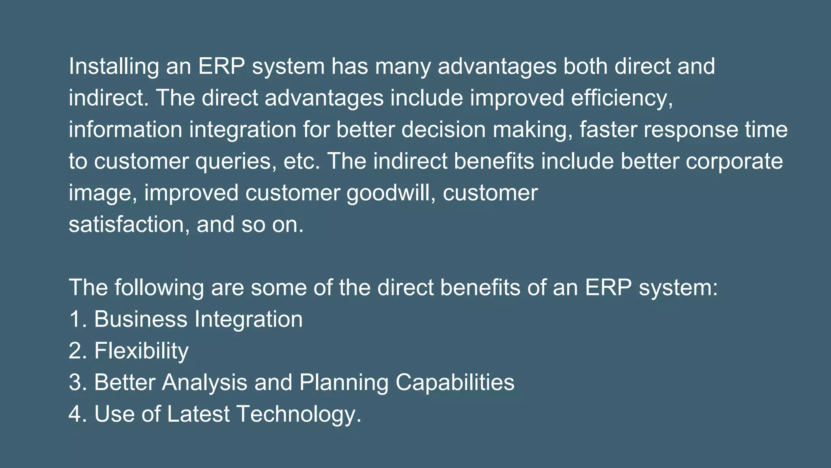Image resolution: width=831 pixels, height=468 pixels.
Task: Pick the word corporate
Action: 734,161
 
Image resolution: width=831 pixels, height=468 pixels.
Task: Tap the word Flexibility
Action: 141,351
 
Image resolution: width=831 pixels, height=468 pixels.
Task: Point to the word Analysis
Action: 205,382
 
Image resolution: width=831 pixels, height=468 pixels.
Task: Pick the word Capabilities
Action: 455,382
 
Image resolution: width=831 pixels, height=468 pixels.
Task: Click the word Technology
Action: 299,414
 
